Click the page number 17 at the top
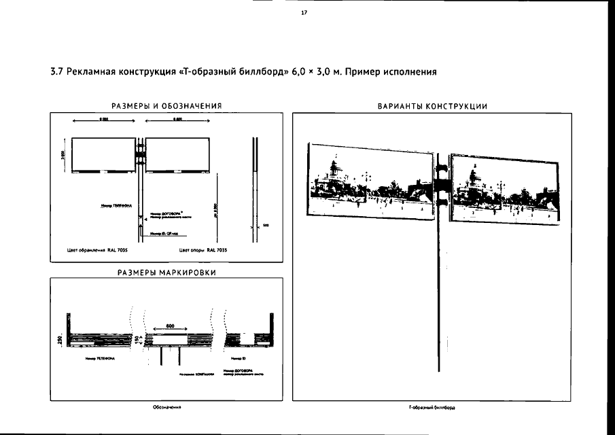(x=304, y=13)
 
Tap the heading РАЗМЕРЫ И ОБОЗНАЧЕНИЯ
(x=167, y=105)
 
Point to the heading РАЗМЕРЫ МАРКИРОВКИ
(x=167, y=273)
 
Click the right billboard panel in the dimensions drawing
(x=176, y=156)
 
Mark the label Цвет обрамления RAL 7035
(x=98, y=250)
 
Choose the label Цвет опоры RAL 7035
(x=199, y=250)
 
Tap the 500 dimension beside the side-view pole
(x=266, y=226)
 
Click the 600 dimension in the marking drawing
(x=171, y=326)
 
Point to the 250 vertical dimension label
(x=60, y=338)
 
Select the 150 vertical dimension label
(x=137, y=337)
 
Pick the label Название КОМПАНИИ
(x=197, y=374)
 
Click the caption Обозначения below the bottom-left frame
(x=166, y=408)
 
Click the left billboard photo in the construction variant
(x=371, y=180)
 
